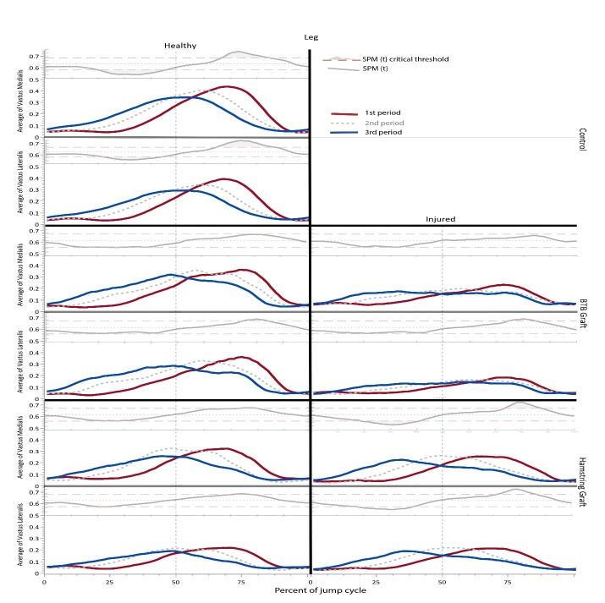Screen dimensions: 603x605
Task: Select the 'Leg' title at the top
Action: coord(311,36)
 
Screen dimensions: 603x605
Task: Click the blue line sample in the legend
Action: coord(341,132)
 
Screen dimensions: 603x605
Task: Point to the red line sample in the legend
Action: coord(341,112)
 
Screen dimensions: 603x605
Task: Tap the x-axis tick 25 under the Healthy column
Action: coord(109,580)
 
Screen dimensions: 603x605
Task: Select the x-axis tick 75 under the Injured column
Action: coord(508,580)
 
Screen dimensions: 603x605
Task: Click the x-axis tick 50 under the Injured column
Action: coord(442,580)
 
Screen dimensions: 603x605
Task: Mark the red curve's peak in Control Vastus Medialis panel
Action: coord(227,86)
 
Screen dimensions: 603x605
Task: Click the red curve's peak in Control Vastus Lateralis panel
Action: coord(223,178)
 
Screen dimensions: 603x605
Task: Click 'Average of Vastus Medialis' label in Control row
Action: coord(31,108)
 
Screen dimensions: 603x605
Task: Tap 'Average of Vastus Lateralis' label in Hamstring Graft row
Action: coord(31,543)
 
